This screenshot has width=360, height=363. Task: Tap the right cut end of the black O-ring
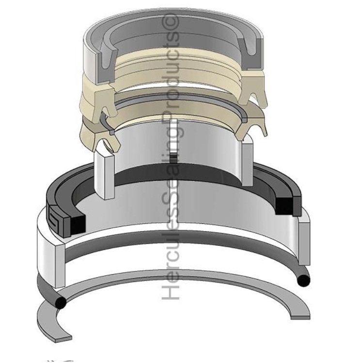(x=303, y=280)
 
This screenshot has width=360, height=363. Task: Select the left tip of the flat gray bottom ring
(x=63, y=338)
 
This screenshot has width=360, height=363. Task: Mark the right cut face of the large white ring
(x=304, y=243)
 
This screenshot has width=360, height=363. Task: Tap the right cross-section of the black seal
(x=288, y=204)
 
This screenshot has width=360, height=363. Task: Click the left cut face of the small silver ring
(x=105, y=175)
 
